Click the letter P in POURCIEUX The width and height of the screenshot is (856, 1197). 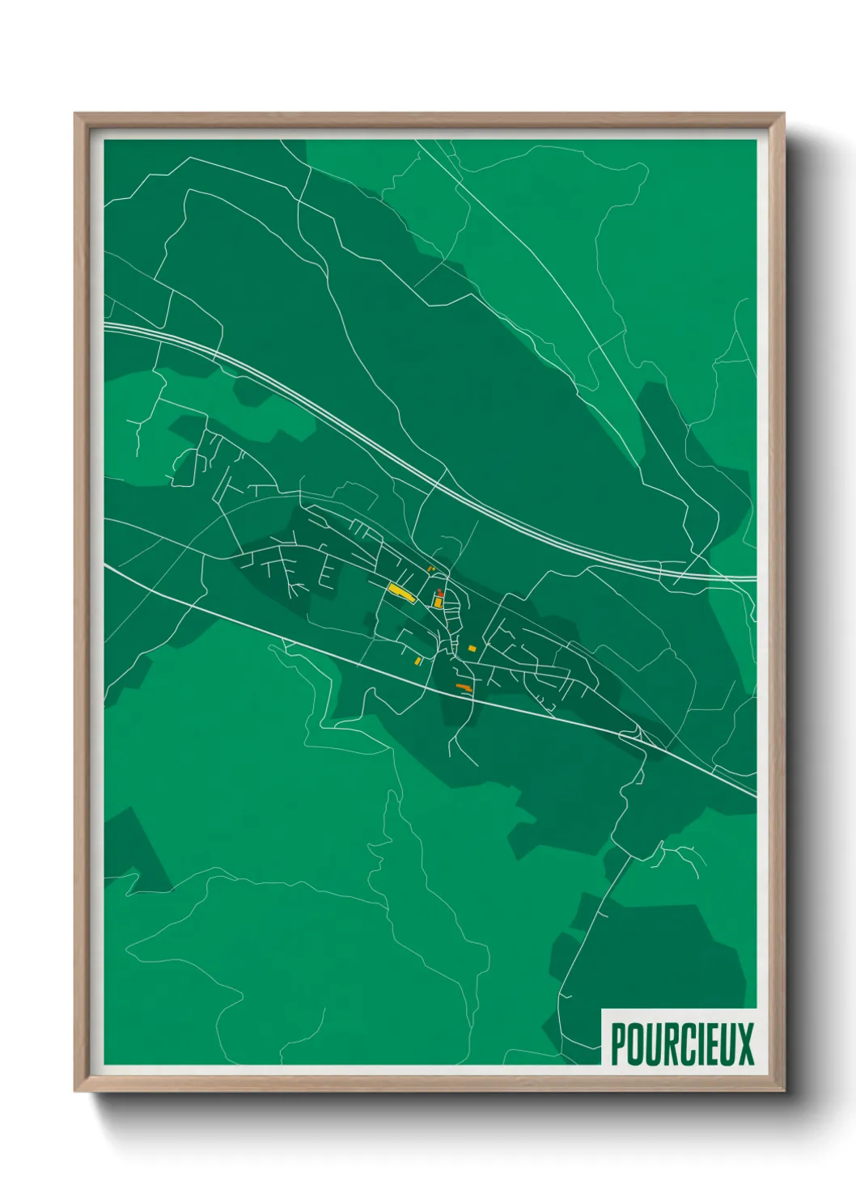click(x=619, y=1044)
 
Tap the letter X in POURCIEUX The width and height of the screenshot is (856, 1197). click(x=744, y=1044)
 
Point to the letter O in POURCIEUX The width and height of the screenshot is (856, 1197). click(x=635, y=1044)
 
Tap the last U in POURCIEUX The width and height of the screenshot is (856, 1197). click(x=725, y=1044)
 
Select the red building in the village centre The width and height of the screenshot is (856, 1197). click(x=439, y=594)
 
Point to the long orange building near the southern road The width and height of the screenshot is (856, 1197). click(x=464, y=687)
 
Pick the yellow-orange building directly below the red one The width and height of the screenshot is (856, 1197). click(x=439, y=603)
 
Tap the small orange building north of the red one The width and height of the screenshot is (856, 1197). click(x=431, y=569)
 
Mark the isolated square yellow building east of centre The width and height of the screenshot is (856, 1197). click(x=472, y=649)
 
